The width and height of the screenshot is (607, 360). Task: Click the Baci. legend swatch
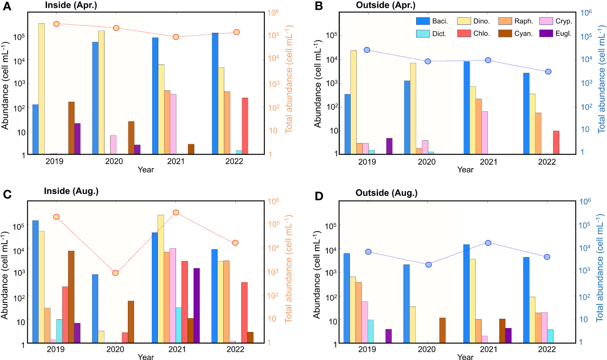(423, 21)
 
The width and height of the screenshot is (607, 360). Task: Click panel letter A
(7, 7)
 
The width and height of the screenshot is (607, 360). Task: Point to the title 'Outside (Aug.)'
(386, 193)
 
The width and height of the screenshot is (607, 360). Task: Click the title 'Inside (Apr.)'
(71, 5)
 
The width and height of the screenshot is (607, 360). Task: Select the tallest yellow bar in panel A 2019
(42, 89)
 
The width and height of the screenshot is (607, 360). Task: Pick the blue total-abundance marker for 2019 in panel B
(367, 50)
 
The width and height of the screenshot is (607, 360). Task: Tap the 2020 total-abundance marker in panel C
(116, 273)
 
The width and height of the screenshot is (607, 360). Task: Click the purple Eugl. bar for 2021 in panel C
(197, 305)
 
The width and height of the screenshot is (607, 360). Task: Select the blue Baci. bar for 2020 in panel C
(95, 308)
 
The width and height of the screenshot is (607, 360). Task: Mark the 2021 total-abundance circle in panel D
(488, 243)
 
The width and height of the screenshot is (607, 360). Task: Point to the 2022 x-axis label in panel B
(547, 162)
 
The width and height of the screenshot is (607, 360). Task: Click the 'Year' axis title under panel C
(146, 357)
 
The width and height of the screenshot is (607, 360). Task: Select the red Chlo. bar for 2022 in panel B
(556, 142)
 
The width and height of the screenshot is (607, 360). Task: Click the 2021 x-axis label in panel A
(176, 162)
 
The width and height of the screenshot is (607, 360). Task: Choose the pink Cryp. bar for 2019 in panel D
(365, 322)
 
